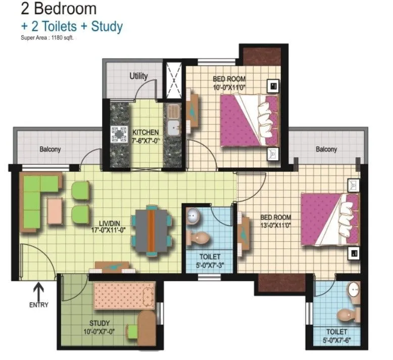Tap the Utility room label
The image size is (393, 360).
coord(138,76)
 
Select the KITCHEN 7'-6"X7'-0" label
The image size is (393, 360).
coord(145,136)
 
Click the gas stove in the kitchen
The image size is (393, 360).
coord(119,133)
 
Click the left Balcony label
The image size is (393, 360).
coord(50,149)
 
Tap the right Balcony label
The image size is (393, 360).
coord(326,149)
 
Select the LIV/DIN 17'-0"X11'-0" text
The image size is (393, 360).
coord(109,225)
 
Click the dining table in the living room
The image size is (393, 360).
coord(151,231)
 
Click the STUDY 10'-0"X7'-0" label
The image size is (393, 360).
coord(99,327)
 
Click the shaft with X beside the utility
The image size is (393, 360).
coord(173,80)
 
